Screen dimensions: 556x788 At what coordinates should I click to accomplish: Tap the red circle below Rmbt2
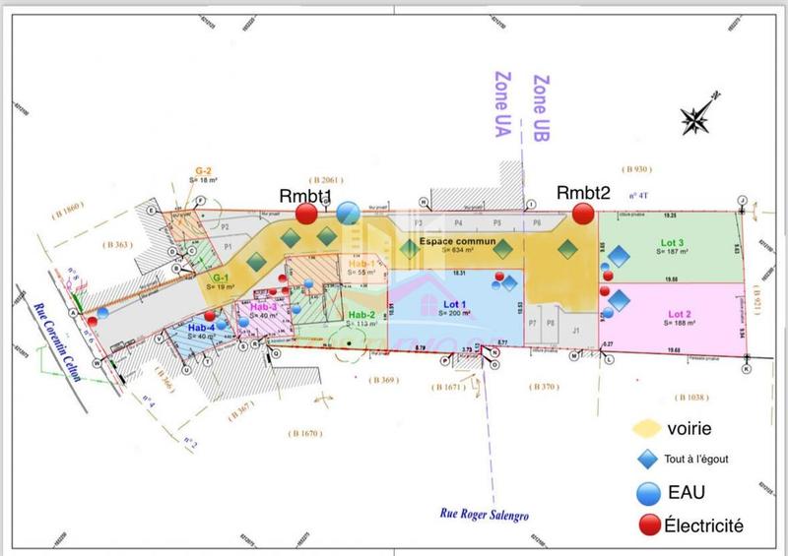tap(583, 212)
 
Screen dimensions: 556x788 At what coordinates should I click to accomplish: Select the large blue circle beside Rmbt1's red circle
tap(348, 212)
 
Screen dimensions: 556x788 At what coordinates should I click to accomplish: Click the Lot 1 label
tap(454, 301)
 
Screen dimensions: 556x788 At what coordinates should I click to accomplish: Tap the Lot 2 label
tap(675, 314)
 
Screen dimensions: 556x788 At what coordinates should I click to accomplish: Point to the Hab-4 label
tap(201, 328)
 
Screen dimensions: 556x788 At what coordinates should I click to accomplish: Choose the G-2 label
tap(203, 171)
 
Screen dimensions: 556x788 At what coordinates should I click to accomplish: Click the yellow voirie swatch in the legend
tap(646, 428)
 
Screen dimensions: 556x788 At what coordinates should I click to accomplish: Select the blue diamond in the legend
tap(646, 459)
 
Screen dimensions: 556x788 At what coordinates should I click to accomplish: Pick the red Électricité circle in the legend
tap(647, 526)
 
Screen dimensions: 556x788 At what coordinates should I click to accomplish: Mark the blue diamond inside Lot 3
tap(619, 256)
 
